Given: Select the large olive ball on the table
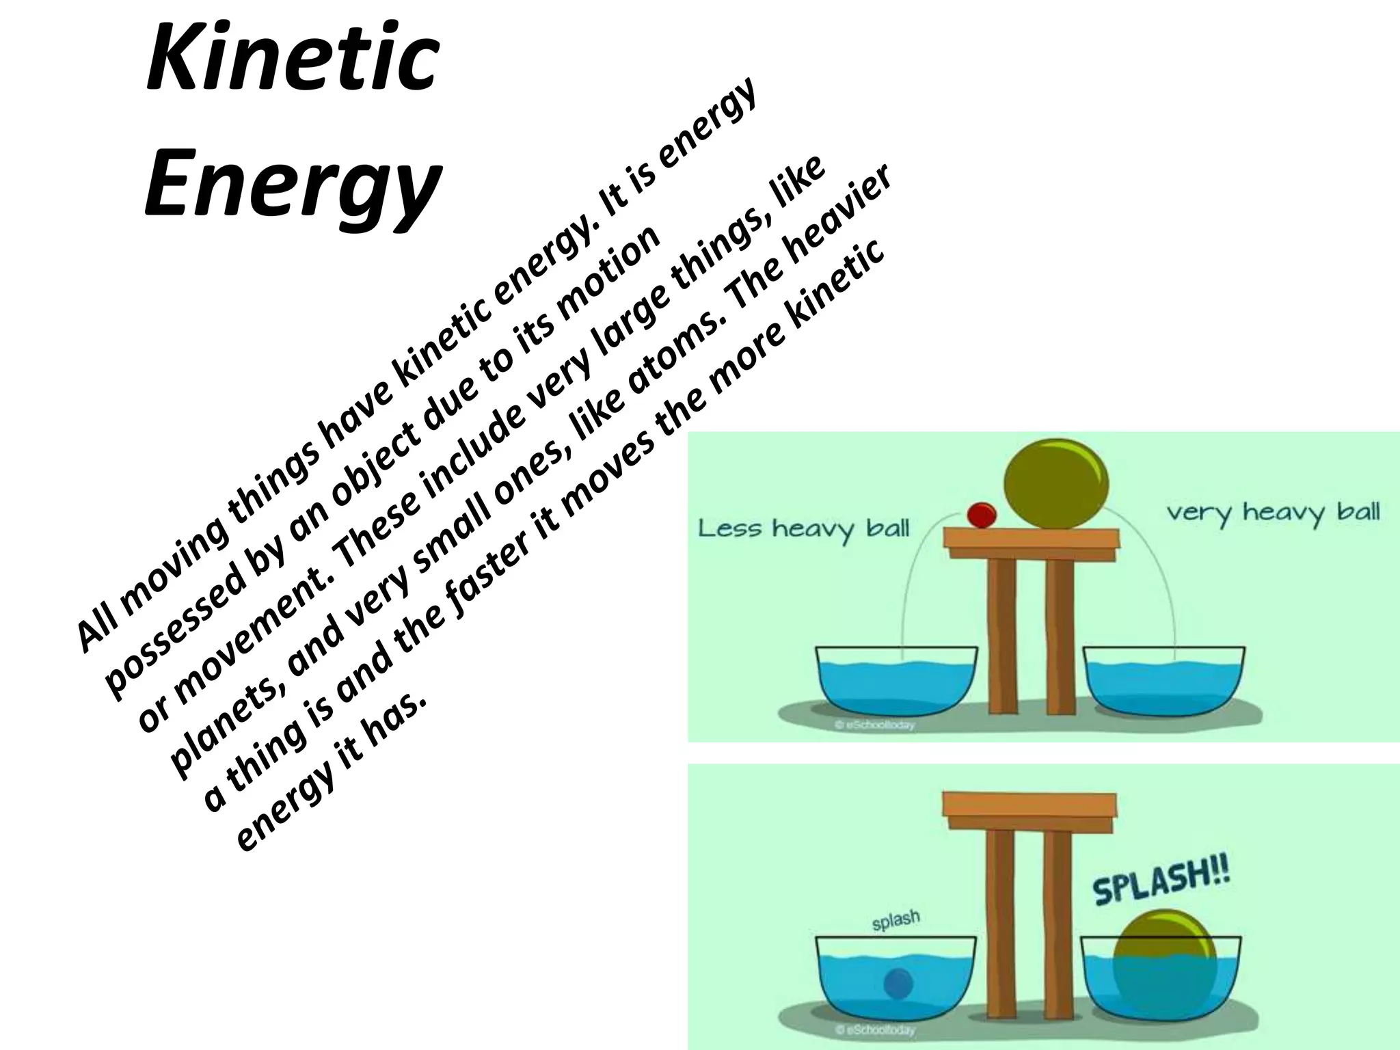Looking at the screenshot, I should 1055,484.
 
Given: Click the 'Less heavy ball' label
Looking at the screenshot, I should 803,528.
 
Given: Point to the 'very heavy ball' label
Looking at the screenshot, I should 1273,512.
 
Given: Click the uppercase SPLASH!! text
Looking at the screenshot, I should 1161,883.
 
